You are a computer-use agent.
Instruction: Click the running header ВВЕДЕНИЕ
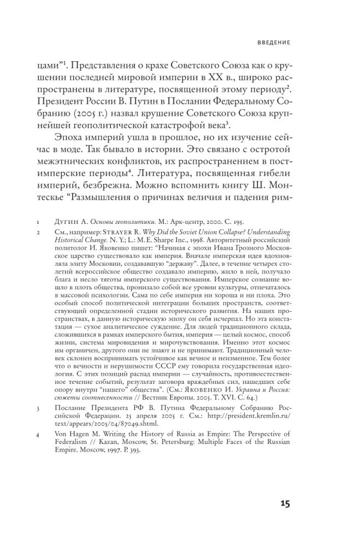[x=274, y=42]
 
